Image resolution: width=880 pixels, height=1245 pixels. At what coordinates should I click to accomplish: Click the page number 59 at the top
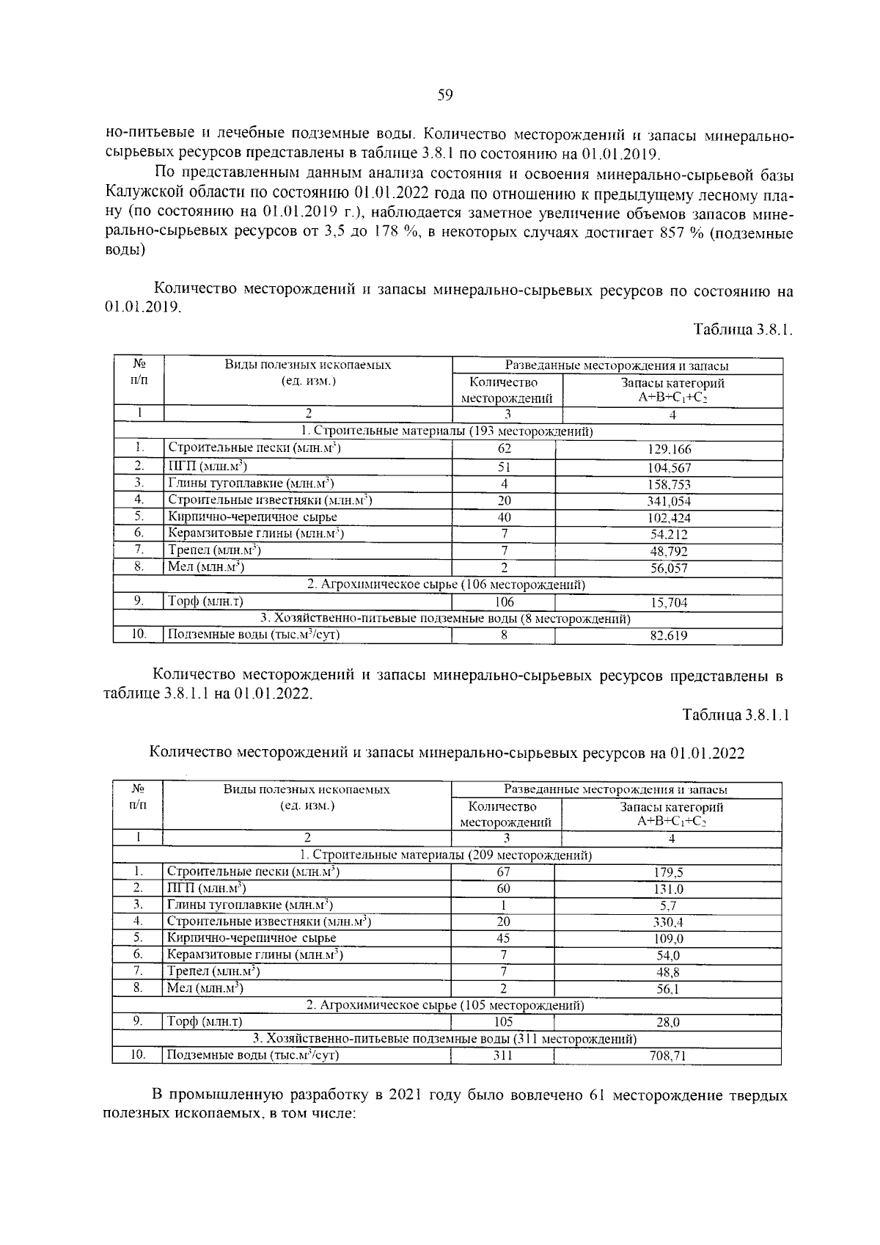[x=444, y=95]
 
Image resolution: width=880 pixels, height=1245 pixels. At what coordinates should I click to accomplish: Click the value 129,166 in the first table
[x=670, y=450]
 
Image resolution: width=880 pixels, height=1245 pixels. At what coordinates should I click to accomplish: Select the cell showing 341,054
[x=670, y=502]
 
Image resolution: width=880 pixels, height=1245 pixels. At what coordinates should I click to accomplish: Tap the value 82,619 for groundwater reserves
[x=669, y=636]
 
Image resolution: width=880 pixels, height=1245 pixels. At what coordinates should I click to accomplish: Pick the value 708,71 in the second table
[x=668, y=1056]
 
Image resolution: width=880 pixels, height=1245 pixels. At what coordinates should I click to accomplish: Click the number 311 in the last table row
[x=503, y=1056]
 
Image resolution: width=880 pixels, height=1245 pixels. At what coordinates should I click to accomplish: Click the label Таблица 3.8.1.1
[x=736, y=715]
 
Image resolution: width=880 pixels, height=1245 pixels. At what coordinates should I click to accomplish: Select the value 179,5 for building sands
[x=668, y=873]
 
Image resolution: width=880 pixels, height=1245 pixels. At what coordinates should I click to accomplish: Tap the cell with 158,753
[x=670, y=485]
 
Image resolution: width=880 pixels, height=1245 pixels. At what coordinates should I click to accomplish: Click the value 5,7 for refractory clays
[x=668, y=906]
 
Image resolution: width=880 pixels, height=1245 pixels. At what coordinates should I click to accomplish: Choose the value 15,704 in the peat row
[x=669, y=603]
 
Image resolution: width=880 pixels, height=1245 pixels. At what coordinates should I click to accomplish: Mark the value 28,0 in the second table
[x=668, y=1023]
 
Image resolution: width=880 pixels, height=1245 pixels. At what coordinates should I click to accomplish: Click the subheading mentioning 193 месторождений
[x=447, y=431]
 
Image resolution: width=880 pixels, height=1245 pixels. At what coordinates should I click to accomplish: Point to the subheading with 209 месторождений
[x=446, y=855]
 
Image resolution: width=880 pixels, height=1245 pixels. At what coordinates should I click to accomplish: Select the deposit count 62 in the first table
[x=505, y=449]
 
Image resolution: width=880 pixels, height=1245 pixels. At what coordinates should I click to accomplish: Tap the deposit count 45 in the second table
[x=503, y=938]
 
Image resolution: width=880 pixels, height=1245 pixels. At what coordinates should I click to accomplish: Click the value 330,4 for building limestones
[x=668, y=922]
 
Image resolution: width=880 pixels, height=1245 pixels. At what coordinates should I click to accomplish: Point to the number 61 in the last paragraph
[x=598, y=1095]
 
